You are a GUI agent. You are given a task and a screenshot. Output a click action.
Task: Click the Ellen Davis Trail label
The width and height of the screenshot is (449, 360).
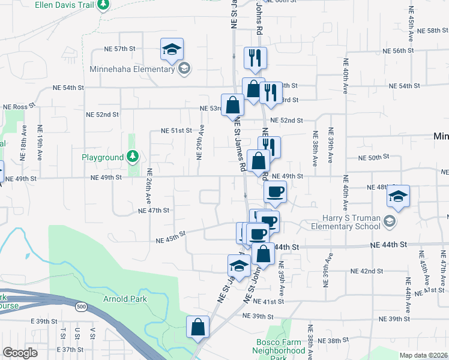(x=65, y=4)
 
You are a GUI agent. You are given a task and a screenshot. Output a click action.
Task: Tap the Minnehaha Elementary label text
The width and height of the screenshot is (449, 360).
(x=131, y=69)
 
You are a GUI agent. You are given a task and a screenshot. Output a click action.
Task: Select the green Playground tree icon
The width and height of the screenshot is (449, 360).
(x=133, y=157)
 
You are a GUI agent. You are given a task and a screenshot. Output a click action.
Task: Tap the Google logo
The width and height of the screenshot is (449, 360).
(x=20, y=353)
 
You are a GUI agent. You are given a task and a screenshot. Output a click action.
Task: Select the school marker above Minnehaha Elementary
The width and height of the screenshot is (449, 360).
(x=172, y=49)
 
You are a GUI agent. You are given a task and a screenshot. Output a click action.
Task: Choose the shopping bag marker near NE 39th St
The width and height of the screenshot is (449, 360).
(x=197, y=327)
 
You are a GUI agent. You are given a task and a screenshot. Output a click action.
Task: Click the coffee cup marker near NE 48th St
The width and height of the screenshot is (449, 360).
(x=275, y=192)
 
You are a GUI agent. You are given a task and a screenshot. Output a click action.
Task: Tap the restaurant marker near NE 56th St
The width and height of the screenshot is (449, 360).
(x=255, y=58)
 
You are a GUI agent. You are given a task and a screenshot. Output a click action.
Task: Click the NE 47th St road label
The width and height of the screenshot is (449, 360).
(x=154, y=211)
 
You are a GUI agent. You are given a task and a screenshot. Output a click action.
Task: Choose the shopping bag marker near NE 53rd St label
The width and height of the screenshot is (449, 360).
(x=232, y=105)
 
